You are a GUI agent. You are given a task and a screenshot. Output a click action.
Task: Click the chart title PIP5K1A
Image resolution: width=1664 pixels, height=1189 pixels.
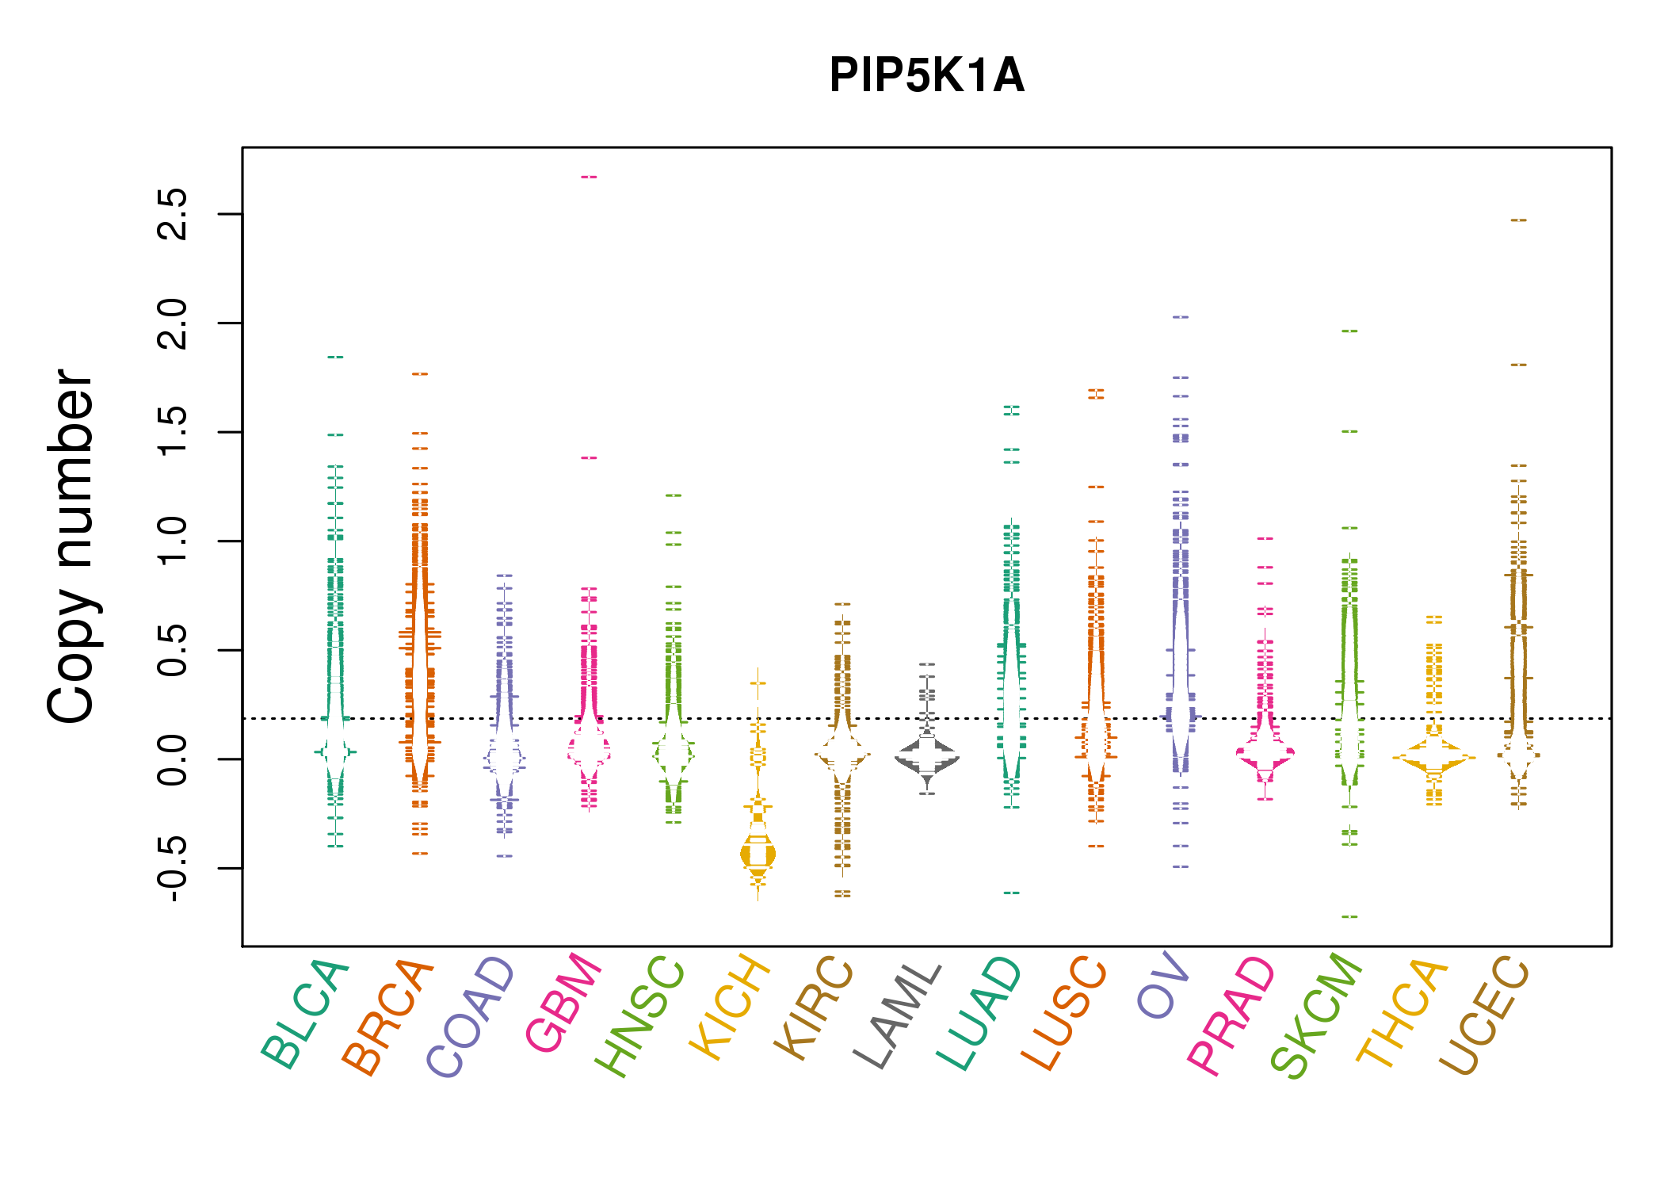(x=926, y=76)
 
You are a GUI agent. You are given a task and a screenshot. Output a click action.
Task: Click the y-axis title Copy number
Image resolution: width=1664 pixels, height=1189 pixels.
(x=71, y=546)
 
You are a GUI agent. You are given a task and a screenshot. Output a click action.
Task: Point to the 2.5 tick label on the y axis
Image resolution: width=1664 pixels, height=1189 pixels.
(x=173, y=214)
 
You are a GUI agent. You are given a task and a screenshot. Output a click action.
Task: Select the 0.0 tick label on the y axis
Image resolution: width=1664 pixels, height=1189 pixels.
(x=173, y=759)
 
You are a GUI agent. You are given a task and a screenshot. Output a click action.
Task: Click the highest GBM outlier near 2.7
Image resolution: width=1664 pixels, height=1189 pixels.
(x=589, y=177)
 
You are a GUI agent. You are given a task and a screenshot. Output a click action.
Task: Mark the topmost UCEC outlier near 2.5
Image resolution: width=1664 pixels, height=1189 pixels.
(x=1518, y=220)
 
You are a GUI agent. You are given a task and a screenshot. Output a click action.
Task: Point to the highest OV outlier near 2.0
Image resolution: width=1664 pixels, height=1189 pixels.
(x=1181, y=317)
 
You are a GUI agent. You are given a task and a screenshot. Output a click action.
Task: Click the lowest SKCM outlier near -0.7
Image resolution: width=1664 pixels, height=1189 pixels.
(x=1349, y=916)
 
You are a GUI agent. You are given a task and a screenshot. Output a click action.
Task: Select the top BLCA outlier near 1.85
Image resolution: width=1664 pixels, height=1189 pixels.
(x=335, y=357)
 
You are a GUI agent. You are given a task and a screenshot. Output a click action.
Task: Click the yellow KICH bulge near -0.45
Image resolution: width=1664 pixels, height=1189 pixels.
(x=758, y=854)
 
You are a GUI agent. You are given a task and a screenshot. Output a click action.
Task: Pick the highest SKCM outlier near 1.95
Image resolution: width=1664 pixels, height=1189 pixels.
(x=1349, y=331)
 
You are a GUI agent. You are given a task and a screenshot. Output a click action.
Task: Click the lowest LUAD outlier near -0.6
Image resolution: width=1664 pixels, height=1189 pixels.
(x=1011, y=893)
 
